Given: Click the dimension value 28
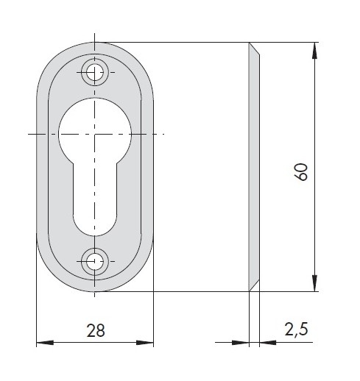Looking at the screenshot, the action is coord(96,330).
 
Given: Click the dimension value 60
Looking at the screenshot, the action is coord(300,172).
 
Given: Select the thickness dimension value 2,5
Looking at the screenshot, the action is coord(296,329).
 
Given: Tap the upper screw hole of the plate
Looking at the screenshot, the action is coord(95,72).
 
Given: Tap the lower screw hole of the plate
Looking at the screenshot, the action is coord(95,261).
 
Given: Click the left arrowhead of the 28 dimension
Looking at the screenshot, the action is coord(45,343).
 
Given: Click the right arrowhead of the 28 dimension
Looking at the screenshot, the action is coord(145,343).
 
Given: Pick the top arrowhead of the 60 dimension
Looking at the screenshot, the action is coord(314,51).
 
